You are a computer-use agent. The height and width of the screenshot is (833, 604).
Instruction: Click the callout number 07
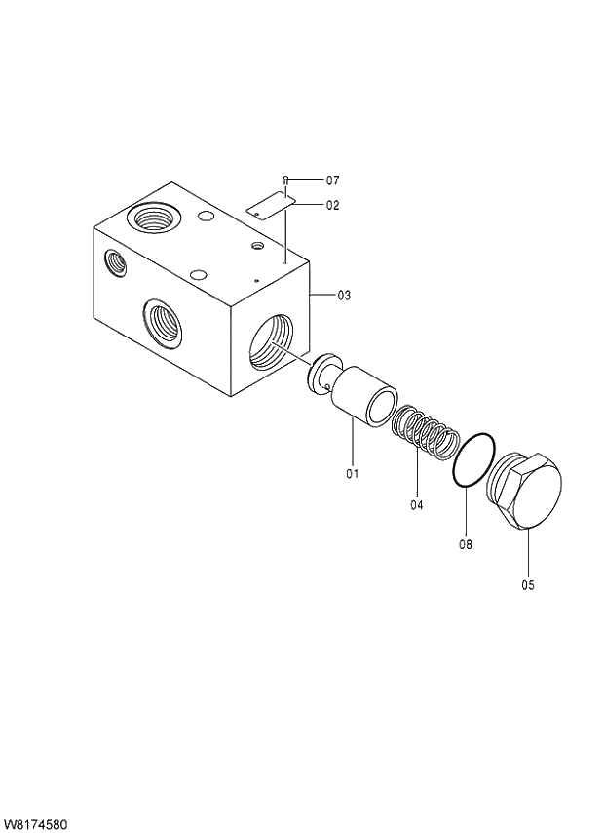tap(332, 180)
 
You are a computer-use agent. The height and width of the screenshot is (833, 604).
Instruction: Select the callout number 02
tap(332, 206)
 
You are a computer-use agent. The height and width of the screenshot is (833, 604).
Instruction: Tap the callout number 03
tap(344, 295)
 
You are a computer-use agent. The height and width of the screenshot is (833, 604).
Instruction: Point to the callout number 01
tap(352, 474)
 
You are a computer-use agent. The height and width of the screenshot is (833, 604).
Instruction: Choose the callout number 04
tap(417, 505)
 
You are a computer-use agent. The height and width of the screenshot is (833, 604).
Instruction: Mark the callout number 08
tap(465, 544)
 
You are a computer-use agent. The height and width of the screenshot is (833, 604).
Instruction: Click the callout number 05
tap(528, 585)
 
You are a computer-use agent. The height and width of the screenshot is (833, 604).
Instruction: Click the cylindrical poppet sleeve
tap(362, 395)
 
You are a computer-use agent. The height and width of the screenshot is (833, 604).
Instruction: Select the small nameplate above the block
tap(270, 203)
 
